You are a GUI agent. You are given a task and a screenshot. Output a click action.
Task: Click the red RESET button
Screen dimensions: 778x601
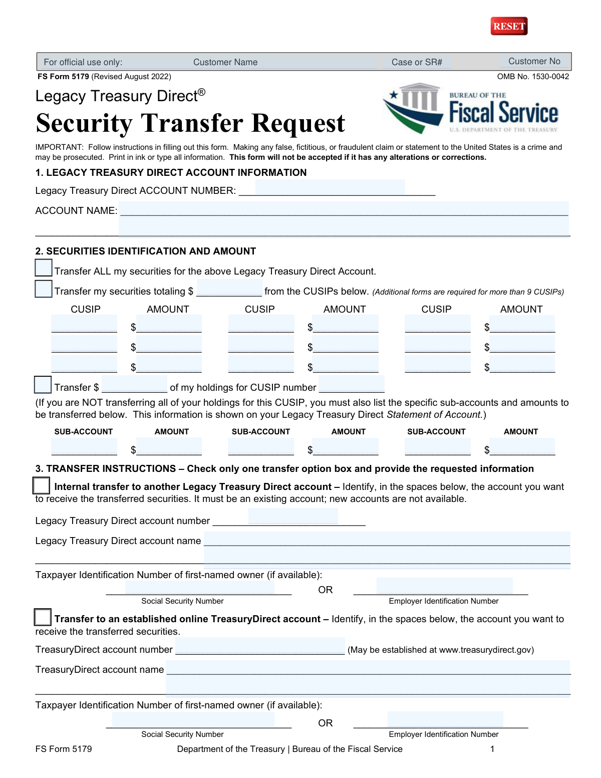pyautogui.click(x=509, y=26)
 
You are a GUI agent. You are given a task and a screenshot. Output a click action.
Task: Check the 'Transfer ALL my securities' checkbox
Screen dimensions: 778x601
pyautogui.click(x=44, y=268)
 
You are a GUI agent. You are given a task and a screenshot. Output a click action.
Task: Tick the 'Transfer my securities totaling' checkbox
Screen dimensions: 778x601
pyautogui.click(x=44, y=289)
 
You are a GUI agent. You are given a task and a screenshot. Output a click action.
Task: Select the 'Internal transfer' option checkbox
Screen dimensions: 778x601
pyautogui.click(x=41, y=485)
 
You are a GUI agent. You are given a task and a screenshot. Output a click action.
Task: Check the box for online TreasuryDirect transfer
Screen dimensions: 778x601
pyautogui.click(x=43, y=617)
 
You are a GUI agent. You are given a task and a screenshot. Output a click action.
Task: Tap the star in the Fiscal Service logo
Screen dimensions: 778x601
pyautogui.click(x=394, y=95)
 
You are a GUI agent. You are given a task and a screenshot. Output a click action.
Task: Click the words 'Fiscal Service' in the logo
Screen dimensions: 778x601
pyautogui.click(x=503, y=112)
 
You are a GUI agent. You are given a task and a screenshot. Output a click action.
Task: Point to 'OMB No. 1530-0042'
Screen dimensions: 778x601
pyautogui.click(x=533, y=77)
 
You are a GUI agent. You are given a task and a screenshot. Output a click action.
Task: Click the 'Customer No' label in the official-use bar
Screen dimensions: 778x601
pyautogui.click(x=534, y=61)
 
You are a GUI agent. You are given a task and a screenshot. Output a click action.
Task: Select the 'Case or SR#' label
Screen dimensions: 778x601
pyautogui.click(x=417, y=62)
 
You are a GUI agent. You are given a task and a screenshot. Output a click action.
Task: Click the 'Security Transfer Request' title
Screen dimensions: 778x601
pyautogui.click(x=190, y=123)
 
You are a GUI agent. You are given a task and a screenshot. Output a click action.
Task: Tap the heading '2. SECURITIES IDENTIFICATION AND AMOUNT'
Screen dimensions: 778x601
pyautogui.click(x=146, y=251)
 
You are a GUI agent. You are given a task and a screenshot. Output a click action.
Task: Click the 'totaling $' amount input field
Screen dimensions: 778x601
pyautogui.click(x=229, y=288)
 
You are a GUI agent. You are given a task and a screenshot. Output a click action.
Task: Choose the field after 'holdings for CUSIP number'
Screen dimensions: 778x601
pyautogui.click(x=352, y=384)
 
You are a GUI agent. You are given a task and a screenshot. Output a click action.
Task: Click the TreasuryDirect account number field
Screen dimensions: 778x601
pyautogui.click(x=260, y=646)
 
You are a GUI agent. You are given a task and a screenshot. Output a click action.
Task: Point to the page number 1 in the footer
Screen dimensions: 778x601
pyautogui.click(x=492, y=749)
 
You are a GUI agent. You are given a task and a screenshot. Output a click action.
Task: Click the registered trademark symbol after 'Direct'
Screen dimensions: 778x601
pyautogui.click(x=201, y=92)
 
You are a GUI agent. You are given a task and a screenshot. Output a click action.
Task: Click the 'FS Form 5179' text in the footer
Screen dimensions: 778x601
pyautogui.click(x=64, y=749)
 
